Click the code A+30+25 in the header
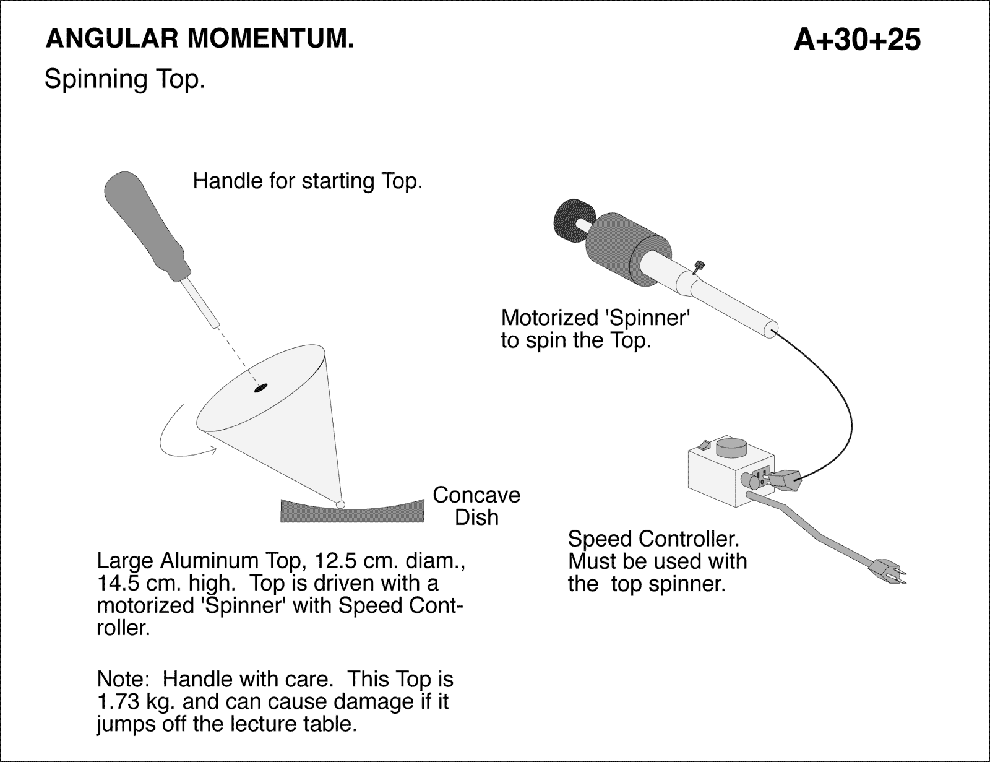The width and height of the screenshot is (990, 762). point(857,40)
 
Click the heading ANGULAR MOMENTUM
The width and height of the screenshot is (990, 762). point(200,39)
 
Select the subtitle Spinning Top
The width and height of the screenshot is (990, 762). point(124,79)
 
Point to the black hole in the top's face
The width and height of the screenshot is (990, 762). point(260,388)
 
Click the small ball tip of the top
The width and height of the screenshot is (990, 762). point(340,504)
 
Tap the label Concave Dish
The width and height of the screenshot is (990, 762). point(476,506)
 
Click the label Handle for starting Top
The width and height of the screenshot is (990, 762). point(308,181)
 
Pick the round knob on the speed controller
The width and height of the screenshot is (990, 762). point(732,447)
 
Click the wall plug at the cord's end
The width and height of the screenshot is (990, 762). point(887,571)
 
